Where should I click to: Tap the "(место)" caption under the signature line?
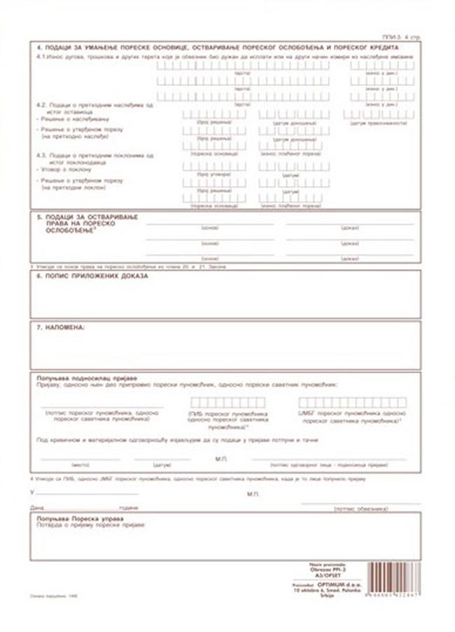(x=80, y=463)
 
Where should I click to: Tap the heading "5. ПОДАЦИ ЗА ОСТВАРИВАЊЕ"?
(x=87, y=217)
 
